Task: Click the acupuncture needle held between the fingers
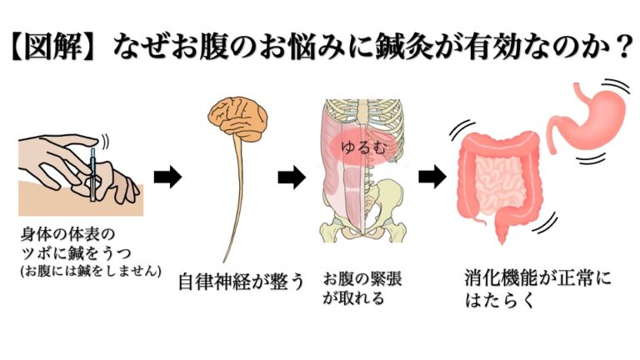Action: tap(94, 170)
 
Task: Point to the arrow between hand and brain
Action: tap(167, 177)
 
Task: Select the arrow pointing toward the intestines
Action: tap(430, 177)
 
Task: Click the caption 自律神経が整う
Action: tap(241, 281)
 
